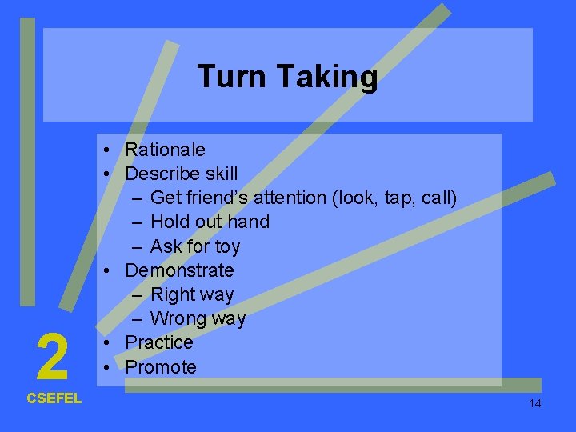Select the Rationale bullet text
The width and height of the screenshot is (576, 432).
[165, 150]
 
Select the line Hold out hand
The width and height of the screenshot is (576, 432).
[210, 222]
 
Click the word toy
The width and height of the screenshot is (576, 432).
[226, 246]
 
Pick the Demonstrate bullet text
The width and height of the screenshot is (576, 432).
[179, 270]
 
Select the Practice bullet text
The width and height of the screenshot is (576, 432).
[159, 342]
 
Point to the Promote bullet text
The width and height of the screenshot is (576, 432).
[161, 367]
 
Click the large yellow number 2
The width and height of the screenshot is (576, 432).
[52, 358]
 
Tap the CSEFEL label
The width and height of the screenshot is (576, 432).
[54, 398]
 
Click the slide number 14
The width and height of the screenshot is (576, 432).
[535, 403]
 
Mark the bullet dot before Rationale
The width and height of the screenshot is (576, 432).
[106, 150]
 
